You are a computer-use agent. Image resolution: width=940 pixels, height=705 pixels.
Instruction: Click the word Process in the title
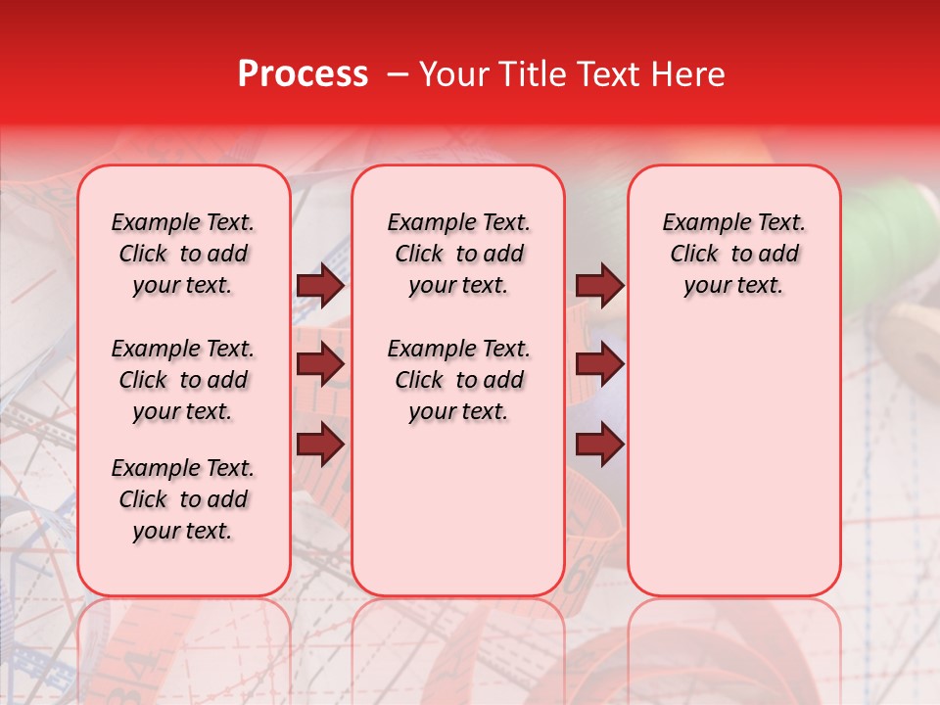point(303,74)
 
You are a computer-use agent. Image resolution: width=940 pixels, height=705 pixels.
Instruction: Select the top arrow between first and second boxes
point(320,286)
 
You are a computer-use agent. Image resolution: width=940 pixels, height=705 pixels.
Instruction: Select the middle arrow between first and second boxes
point(320,365)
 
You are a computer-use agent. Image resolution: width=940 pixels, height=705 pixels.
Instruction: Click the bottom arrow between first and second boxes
point(320,446)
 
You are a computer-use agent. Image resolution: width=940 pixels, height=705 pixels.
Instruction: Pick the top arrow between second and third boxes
point(599,286)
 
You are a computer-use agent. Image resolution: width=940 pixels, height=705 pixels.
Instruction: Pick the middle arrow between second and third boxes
point(599,365)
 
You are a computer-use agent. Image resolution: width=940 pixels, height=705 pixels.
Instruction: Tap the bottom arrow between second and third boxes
point(599,446)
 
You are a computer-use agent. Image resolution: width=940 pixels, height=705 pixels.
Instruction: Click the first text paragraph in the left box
point(183,254)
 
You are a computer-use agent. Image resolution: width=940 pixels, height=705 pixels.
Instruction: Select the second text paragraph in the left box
point(183,380)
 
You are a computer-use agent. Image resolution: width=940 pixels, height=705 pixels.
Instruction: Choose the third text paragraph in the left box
point(183,499)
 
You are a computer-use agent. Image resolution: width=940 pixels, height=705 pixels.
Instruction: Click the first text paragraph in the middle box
point(458,254)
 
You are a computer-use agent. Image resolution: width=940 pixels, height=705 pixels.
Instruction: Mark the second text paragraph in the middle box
point(458,380)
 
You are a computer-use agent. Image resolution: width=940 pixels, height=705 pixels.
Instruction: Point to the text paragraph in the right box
point(733,254)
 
